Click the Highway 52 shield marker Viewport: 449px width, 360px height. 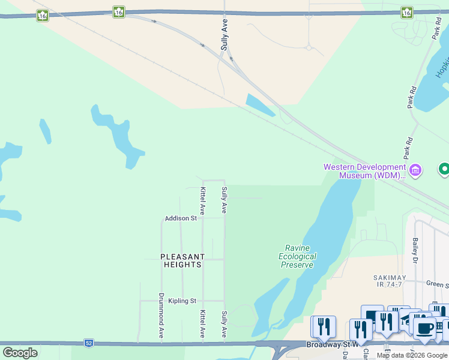pos(89,343)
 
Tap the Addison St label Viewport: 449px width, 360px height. pos(181,218)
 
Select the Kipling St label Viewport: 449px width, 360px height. pos(182,301)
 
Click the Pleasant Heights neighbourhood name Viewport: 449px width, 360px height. pos(182,260)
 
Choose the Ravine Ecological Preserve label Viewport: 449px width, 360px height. pos(297,256)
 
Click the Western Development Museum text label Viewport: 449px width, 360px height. pos(364,171)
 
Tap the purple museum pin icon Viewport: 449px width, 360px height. pos(415,171)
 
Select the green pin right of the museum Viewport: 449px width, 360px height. pos(445,170)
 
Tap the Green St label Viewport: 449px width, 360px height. pos(438,284)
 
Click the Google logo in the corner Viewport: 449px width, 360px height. pos(20,353)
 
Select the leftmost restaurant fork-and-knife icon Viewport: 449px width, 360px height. pos(324,326)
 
